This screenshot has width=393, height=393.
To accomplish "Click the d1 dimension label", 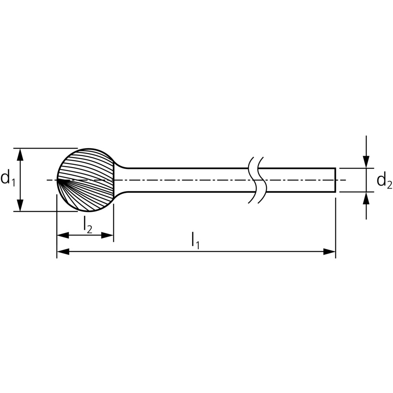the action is pyautogui.click(x=8, y=178).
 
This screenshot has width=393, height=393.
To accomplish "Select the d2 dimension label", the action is pyautogui.click(x=384, y=181).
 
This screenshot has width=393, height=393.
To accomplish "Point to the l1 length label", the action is pyautogui.click(x=195, y=241).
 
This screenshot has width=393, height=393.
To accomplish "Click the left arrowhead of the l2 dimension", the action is pyautogui.click(x=63, y=235).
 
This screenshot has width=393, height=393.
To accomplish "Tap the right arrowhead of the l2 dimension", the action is pyautogui.click(x=107, y=235).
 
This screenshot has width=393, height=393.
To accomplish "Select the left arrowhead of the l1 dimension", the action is pyautogui.click(x=63, y=252).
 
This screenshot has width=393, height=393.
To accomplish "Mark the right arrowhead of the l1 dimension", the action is pyautogui.click(x=329, y=252).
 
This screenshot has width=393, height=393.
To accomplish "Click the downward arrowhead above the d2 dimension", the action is pyautogui.click(x=366, y=162).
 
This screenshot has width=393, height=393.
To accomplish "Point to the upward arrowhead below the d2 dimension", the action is pyautogui.click(x=366, y=198).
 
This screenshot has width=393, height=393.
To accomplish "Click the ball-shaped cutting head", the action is pyautogui.click(x=86, y=180).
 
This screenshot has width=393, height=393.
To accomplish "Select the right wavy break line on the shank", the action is pyautogui.click(x=262, y=180).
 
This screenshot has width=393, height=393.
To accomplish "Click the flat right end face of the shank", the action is pyautogui.click(x=335, y=180).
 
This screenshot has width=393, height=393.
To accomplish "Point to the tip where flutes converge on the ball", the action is pyautogui.click(x=57, y=180).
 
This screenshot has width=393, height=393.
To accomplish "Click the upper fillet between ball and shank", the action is pyautogui.click(x=121, y=165).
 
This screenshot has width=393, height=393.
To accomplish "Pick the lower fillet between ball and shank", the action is pyautogui.click(x=121, y=195).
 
